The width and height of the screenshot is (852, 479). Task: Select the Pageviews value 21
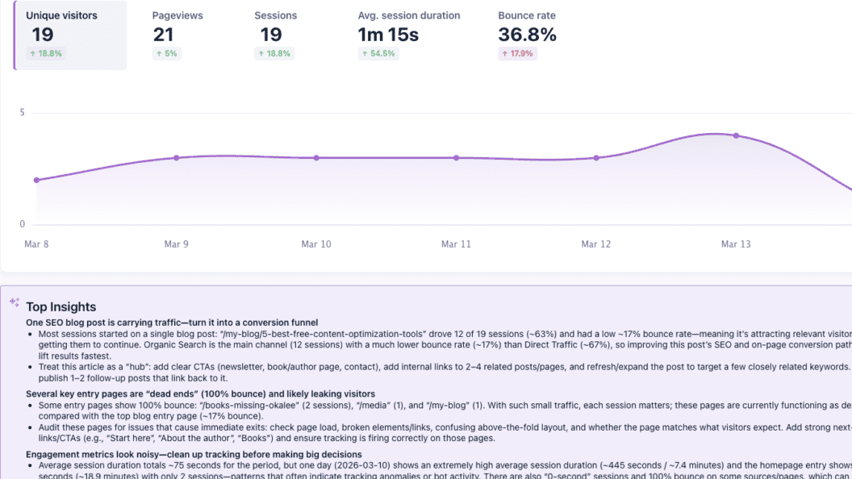163,35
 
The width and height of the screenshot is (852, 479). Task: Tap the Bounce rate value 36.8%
528,35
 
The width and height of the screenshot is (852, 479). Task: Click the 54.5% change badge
377,54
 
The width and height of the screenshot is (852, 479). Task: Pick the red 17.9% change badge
517,54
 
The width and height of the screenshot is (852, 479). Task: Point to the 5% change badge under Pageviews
166,54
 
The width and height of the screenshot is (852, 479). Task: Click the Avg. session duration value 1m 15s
388,35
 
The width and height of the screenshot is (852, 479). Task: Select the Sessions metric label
275,15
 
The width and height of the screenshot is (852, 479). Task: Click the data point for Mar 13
736,135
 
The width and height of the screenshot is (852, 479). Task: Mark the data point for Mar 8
36,180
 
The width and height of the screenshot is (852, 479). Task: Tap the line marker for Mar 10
315,158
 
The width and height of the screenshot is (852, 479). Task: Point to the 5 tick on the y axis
23,113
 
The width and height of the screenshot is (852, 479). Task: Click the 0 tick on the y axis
23,224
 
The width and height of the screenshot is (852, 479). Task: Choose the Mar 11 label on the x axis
456,244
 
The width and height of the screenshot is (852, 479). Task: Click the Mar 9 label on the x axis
176,244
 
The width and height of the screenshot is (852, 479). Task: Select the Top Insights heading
61,306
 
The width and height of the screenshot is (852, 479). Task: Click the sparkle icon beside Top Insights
14,302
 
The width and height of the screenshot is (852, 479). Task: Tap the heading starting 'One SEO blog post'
172,323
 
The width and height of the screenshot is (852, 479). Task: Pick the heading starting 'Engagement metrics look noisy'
194,455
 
